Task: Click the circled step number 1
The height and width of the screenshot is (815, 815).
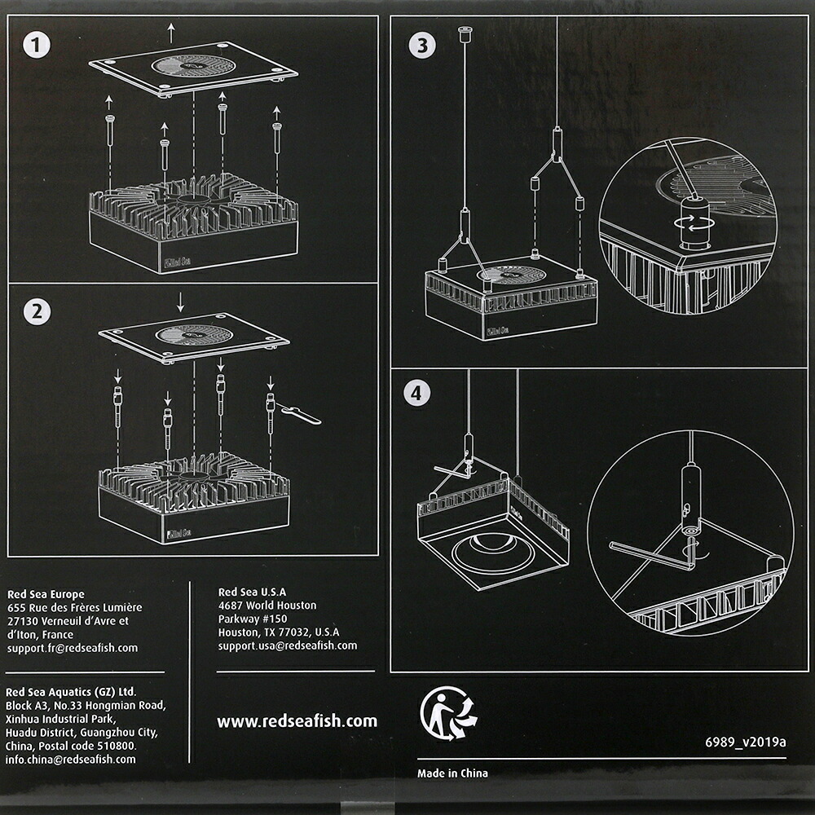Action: (x=37, y=45)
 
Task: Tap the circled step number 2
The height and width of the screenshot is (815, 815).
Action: (x=37, y=312)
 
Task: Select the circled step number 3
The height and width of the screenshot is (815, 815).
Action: (x=422, y=45)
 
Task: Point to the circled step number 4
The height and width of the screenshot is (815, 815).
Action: (x=416, y=393)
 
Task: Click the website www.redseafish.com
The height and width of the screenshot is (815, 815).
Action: (x=297, y=721)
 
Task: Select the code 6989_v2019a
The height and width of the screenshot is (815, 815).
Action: (x=746, y=742)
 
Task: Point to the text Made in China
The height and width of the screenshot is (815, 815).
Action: (x=452, y=773)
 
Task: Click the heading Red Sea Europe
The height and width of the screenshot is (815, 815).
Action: (x=46, y=594)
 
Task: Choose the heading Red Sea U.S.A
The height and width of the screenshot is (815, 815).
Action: (x=252, y=592)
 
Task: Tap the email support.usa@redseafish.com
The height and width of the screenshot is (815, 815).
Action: (x=288, y=645)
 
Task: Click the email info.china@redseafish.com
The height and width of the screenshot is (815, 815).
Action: (x=71, y=759)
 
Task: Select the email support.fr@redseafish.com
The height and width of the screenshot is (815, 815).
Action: (x=73, y=648)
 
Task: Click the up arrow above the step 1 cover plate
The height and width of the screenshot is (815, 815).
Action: (x=171, y=33)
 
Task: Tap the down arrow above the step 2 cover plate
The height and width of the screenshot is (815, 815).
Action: (x=180, y=302)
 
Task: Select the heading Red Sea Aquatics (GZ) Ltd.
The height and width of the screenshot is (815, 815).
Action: (x=71, y=692)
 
